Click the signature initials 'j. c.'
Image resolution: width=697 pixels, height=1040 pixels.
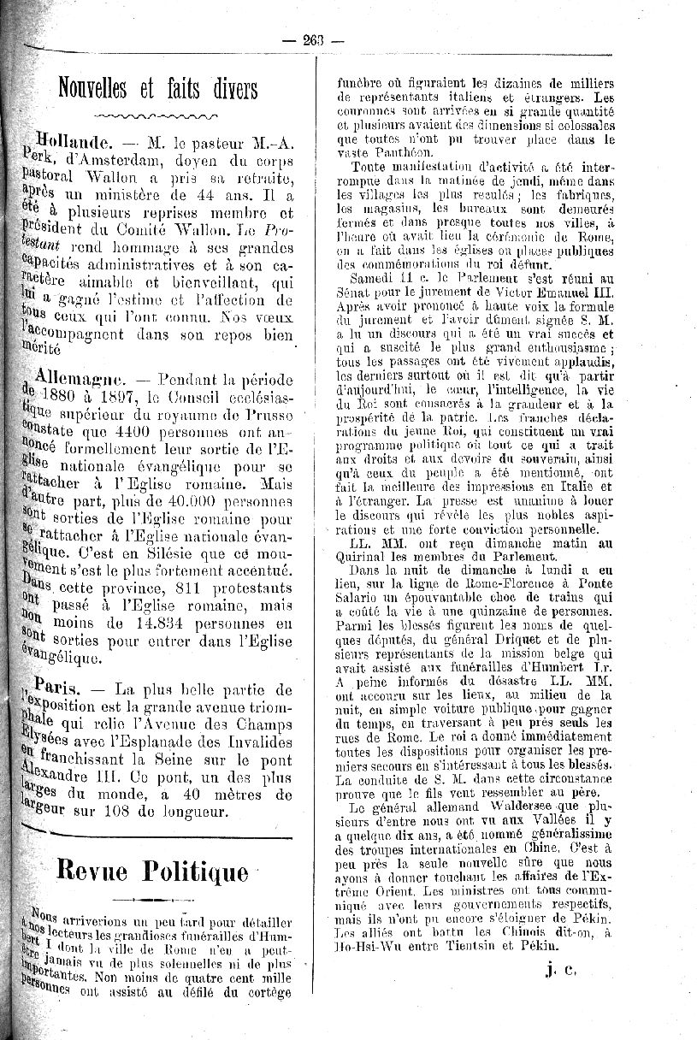[560, 969]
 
